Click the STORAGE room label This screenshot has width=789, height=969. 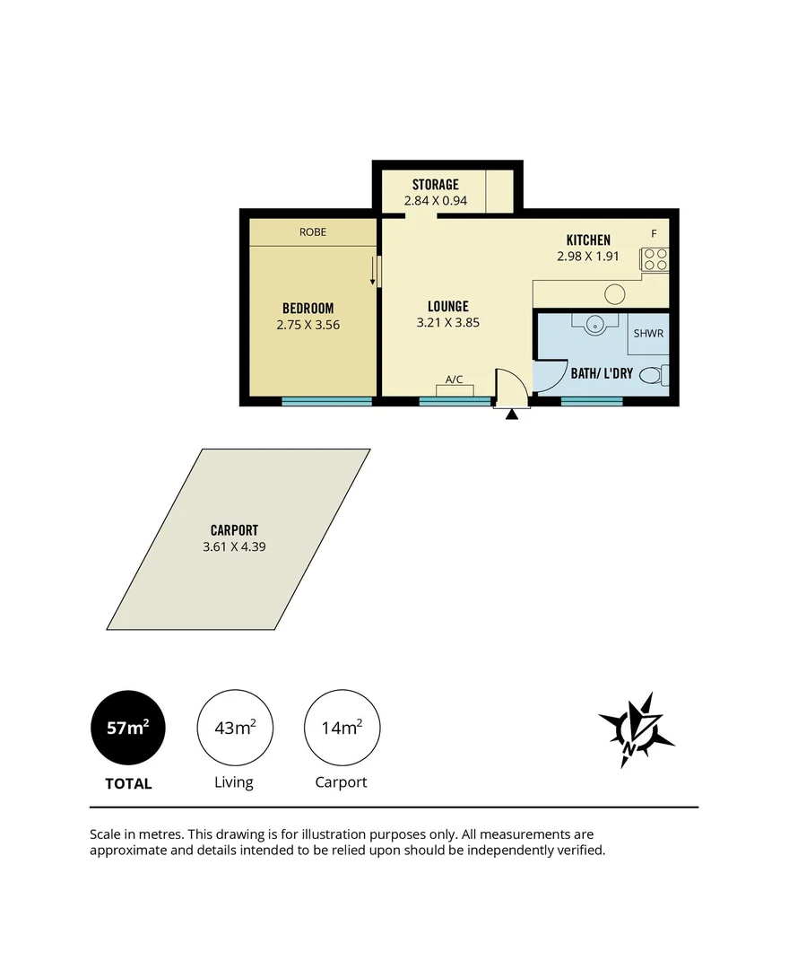coord(435,185)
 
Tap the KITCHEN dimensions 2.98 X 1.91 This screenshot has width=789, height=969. coord(588,256)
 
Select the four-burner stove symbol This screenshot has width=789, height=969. coord(655,259)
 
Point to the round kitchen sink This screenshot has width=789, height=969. coord(615,294)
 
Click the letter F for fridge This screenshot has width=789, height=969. coord(654,234)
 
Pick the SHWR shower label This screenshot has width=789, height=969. coord(647,334)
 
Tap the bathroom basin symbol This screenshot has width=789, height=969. coord(593,323)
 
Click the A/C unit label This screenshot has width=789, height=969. coord(455,380)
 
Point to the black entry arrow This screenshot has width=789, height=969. coord(512,415)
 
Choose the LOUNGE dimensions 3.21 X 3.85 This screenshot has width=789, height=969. coord(447,322)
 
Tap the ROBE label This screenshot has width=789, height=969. coord(313,232)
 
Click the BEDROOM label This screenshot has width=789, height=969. coord(308,309)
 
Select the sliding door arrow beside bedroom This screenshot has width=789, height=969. coord(373,270)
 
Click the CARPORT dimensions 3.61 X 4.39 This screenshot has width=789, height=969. coord(234,546)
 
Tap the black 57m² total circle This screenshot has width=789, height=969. coord(127,728)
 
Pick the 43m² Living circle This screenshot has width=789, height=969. coord(234,728)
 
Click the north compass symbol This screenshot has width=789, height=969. coord(636,729)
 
